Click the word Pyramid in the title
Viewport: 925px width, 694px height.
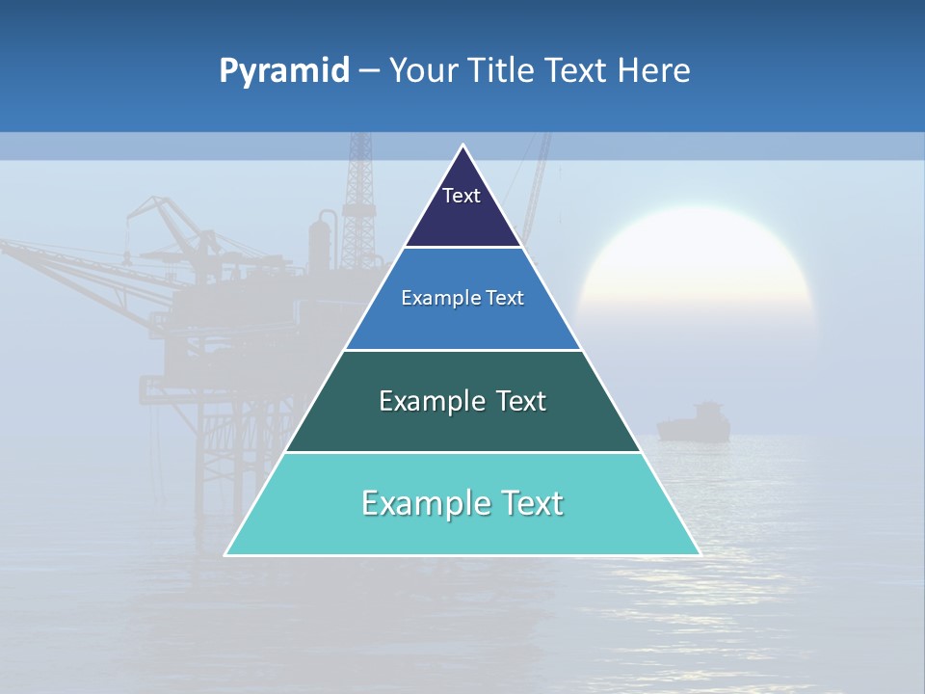tap(284, 71)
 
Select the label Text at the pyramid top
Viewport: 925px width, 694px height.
tap(462, 196)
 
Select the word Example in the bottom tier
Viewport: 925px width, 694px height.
tap(424, 503)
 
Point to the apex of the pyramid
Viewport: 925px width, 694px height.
tap(462, 146)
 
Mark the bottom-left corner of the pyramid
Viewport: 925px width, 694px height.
tap(225, 554)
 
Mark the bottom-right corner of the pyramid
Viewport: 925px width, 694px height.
tap(700, 554)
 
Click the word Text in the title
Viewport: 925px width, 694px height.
tap(578, 71)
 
